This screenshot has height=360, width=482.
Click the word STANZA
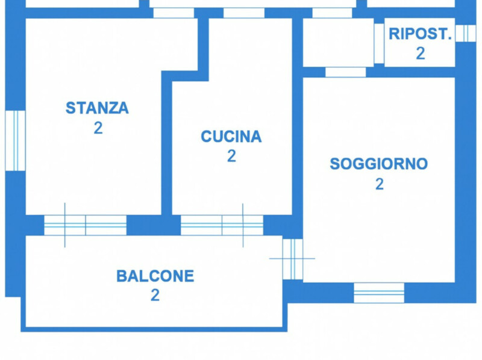click(97, 108)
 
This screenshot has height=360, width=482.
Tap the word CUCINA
click(231, 137)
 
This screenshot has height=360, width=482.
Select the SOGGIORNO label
click(379, 164)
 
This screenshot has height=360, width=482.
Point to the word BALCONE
click(155, 276)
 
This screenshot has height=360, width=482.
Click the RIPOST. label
click(420, 34)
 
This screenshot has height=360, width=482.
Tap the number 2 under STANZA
click(98, 128)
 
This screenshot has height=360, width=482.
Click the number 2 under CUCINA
click(231, 156)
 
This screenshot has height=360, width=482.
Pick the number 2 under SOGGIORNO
click(380, 184)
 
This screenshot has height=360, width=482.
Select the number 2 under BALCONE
click(155, 295)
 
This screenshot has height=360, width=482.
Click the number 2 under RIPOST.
click(421, 54)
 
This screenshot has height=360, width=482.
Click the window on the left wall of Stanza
click(15, 141)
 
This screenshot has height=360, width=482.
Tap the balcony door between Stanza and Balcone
click(86, 225)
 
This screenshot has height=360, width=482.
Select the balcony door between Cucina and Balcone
click(222, 225)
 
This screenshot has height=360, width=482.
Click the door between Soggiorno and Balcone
click(293, 259)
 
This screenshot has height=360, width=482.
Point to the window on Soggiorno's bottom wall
click(379, 293)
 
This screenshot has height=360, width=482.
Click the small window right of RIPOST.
click(465, 33)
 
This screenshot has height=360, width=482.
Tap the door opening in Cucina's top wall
click(244, 13)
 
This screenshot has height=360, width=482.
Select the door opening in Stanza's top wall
click(174, 13)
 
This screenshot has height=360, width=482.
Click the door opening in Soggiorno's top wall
click(346, 72)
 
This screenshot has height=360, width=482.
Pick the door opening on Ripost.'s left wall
click(379, 43)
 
